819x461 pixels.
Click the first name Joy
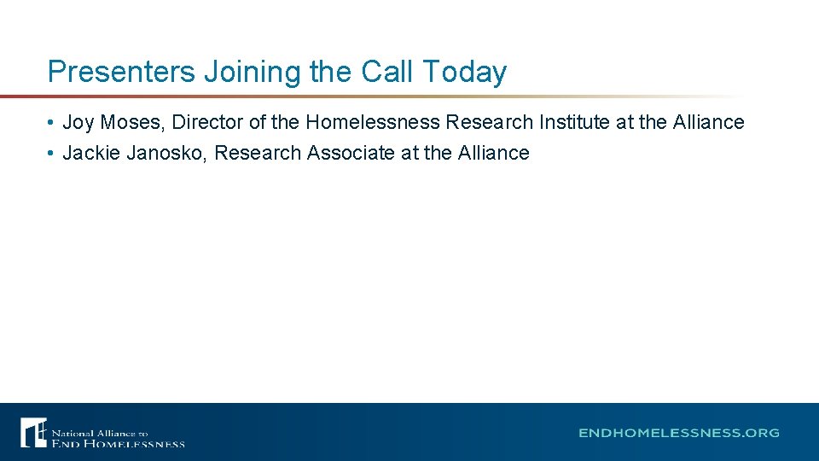78,123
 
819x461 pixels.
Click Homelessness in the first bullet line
373,123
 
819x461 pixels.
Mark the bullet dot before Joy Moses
51,123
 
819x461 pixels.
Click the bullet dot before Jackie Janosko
51,154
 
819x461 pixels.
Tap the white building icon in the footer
33,432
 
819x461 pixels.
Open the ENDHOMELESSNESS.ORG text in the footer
679,433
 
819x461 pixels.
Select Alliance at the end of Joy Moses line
708,123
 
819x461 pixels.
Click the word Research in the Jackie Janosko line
258,154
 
